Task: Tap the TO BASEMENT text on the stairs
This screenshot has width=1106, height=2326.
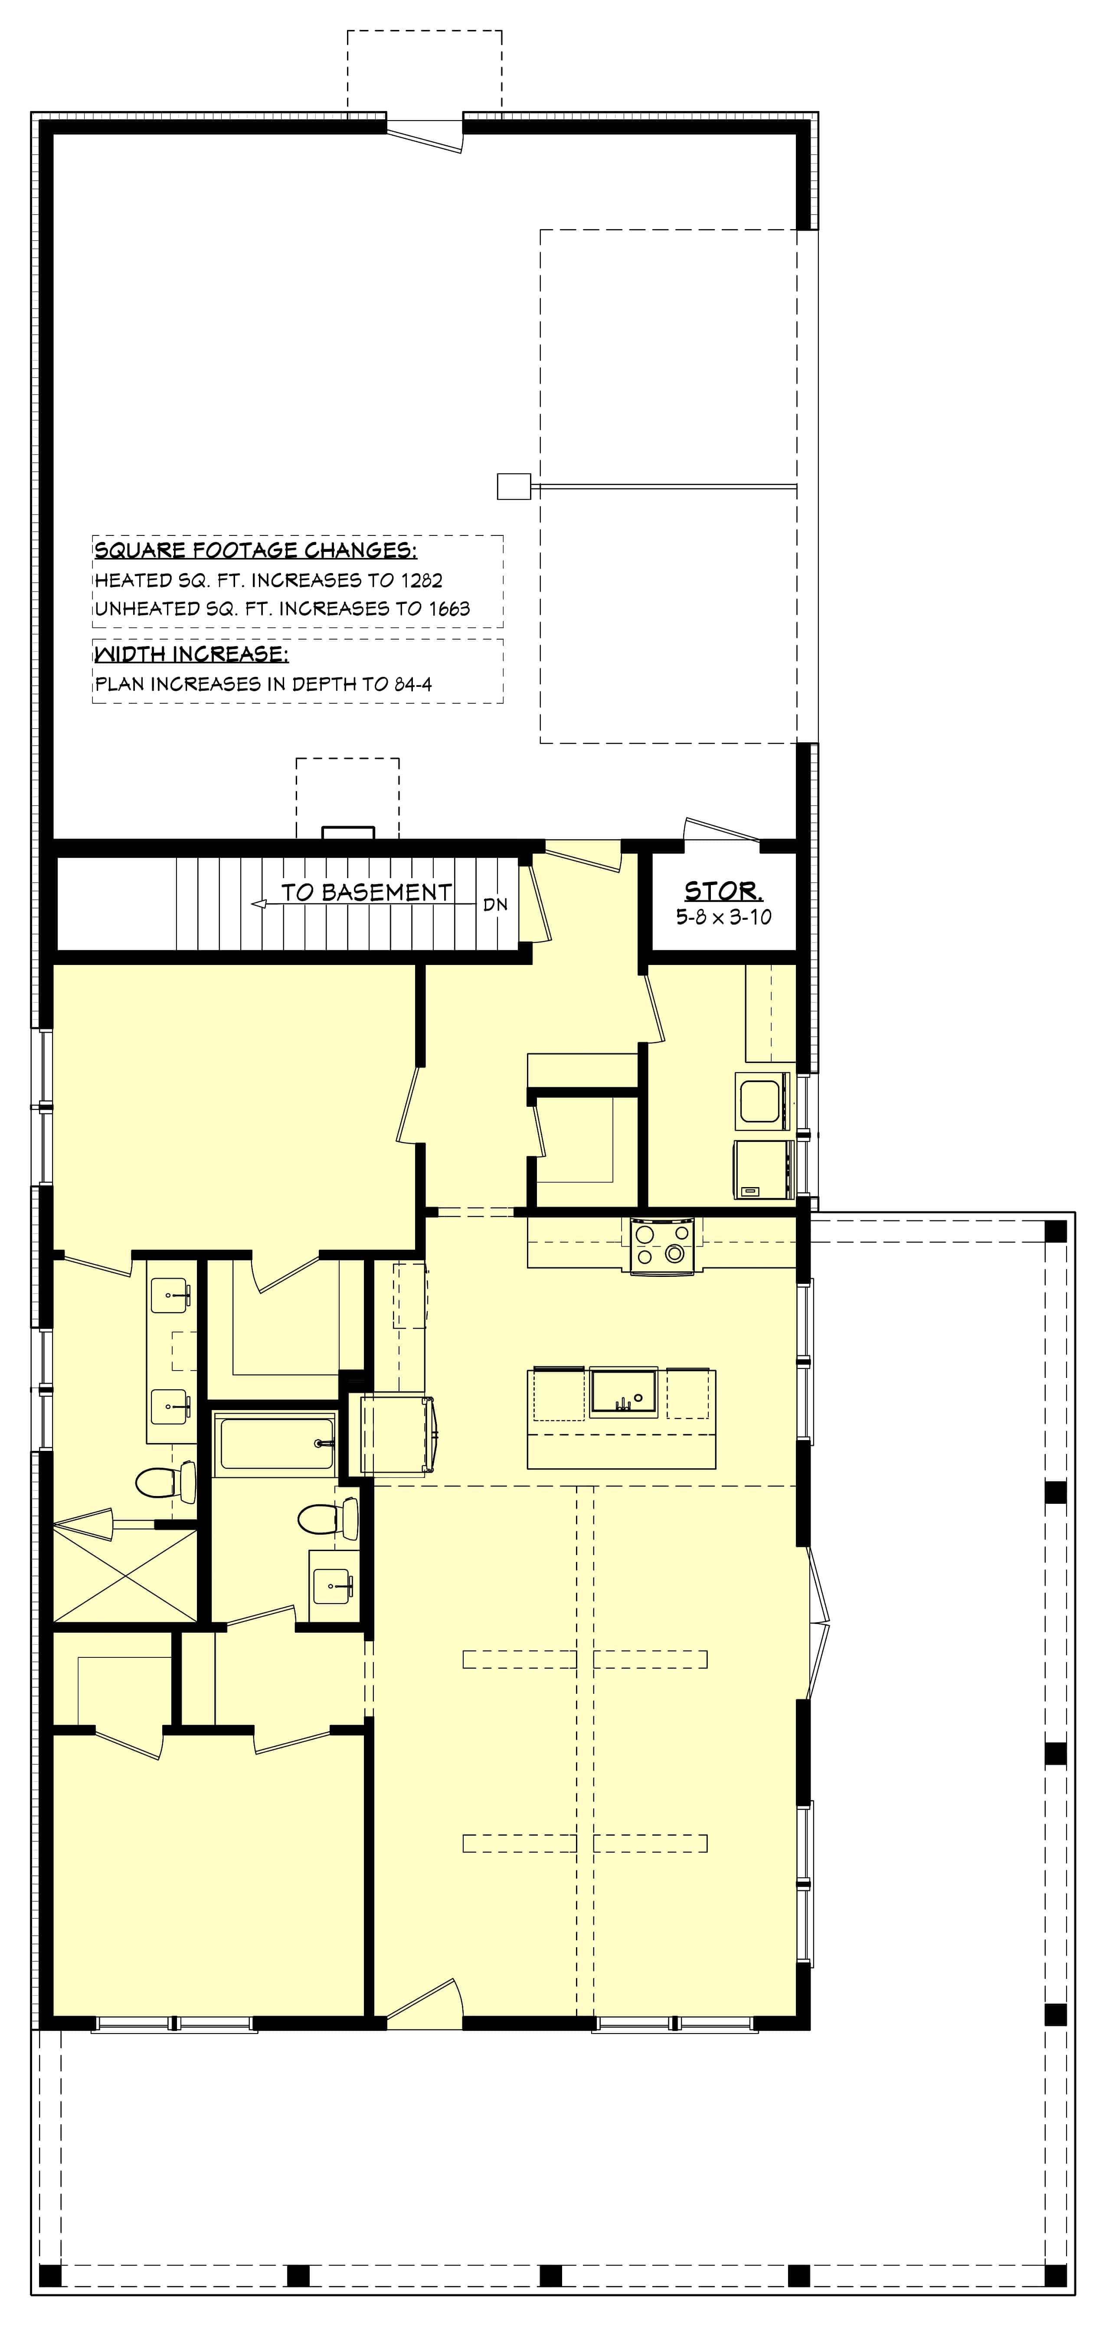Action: pos(366,892)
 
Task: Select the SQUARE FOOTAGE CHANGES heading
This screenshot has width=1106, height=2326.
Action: pos(255,550)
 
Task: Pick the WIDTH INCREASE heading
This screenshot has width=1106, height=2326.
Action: pos(191,654)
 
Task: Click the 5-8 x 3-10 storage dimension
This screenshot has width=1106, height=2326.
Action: pos(723,916)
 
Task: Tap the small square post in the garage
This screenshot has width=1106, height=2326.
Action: pos(514,487)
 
